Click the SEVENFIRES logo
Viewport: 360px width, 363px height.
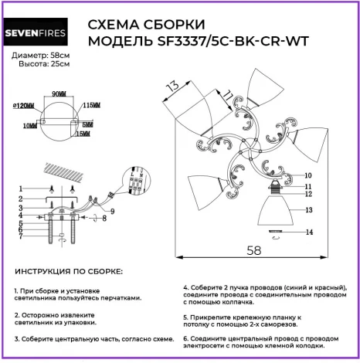coord(40,34)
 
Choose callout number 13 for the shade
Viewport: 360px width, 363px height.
coord(307,209)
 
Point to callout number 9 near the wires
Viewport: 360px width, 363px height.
coord(114,211)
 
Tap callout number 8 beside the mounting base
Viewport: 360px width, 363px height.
coord(105,219)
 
